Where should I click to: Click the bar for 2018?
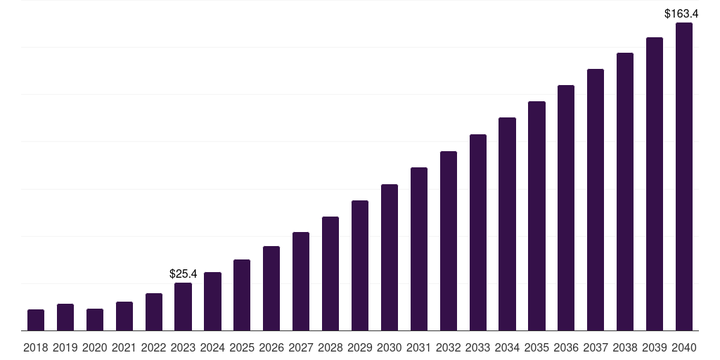click(36, 320)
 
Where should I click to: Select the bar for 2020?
click(95, 320)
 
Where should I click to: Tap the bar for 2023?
click(183, 307)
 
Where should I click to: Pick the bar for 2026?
click(271, 288)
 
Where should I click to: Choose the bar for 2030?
click(390, 257)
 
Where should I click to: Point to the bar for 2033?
click(478, 232)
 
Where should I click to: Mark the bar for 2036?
click(566, 207)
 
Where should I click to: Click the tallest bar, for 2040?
click(684, 176)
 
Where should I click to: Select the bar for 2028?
click(330, 274)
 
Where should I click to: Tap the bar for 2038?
click(625, 191)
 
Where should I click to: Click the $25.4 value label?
click(184, 274)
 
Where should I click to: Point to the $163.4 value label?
click(681, 13)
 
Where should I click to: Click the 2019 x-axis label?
click(65, 347)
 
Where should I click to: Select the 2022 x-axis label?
click(154, 347)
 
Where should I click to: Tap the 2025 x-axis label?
click(242, 347)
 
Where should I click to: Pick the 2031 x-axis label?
click(419, 347)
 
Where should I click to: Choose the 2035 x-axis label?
click(536, 347)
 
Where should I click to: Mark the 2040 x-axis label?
click(684, 347)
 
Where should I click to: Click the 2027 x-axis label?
click(301, 347)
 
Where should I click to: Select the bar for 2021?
click(124, 316)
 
